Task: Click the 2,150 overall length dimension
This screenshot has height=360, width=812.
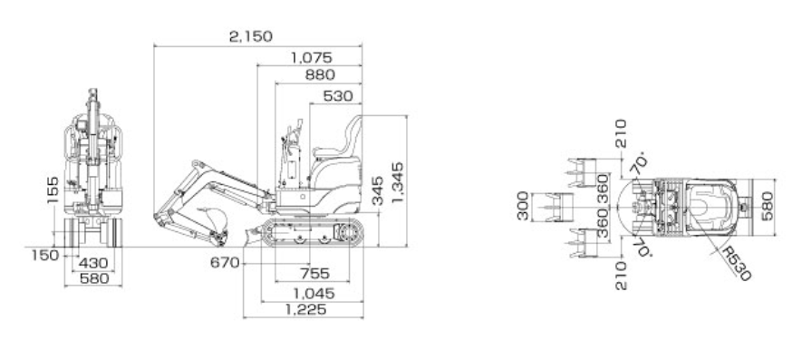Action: tap(251, 37)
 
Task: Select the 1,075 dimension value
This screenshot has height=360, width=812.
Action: tap(311, 57)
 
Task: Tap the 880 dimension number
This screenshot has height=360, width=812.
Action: tap(320, 74)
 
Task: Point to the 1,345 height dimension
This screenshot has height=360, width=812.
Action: tap(397, 182)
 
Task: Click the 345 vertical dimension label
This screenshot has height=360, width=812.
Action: tap(378, 190)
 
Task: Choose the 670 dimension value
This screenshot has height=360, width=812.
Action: tap(225, 263)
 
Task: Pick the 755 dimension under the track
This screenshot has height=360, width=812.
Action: tap(314, 273)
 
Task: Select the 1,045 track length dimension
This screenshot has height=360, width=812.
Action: tap(314, 294)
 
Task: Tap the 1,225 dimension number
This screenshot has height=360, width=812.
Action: tap(306, 310)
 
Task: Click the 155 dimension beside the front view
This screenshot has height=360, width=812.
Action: tap(53, 190)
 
